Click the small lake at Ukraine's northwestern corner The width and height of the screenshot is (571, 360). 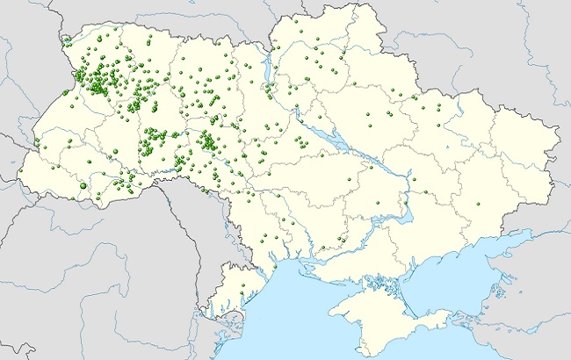point(67,40)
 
